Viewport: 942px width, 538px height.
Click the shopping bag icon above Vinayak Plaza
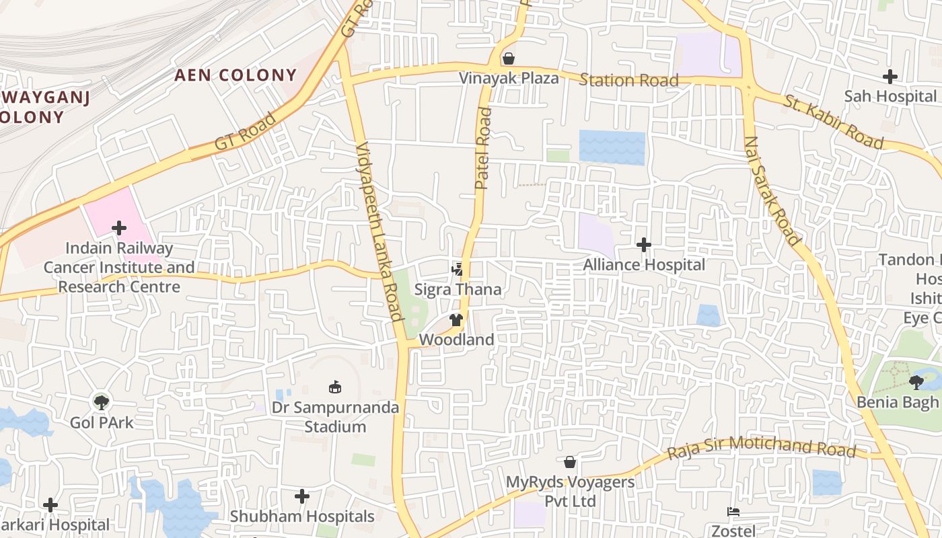[x=509, y=59]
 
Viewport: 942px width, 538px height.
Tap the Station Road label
[x=628, y=81]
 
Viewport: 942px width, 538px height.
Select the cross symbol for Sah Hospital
[x=890, y=77]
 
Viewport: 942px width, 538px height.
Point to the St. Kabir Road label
[x=834, y=122]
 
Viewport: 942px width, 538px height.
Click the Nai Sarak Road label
[x=772, y=190]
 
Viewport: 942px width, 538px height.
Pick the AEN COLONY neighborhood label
[x=235, y=75]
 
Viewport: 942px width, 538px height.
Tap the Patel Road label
[x=483, y=148]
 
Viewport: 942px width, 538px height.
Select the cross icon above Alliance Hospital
[x=644, y=245]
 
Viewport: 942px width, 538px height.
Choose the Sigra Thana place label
[x=458, y=290]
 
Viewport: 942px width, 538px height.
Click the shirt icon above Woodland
[x=456, y=320]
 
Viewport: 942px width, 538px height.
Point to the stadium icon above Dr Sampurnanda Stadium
[x=334, y=387]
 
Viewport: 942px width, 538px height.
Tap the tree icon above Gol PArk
[x=102, y=403]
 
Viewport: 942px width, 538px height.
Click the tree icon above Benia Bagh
[x=915, y=383]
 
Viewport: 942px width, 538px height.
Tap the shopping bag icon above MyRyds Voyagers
[x=570, y=462]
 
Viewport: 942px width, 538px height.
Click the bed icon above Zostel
[x=733, y=512]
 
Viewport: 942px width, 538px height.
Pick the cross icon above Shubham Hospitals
[x=302, y=497]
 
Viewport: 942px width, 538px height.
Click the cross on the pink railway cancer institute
[x=119, y=229]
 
